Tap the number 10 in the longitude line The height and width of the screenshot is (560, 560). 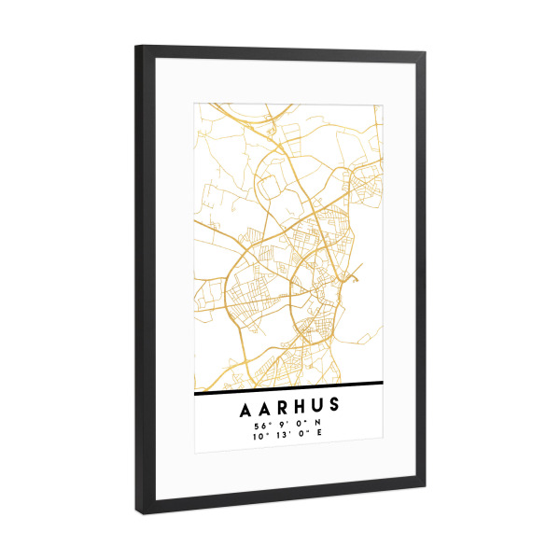[x=257, y=437]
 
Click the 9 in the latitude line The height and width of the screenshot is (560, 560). [x=281, y=425]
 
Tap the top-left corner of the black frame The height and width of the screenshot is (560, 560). [x=136, y=47]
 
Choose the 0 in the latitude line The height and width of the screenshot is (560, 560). [x=299, y=425]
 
